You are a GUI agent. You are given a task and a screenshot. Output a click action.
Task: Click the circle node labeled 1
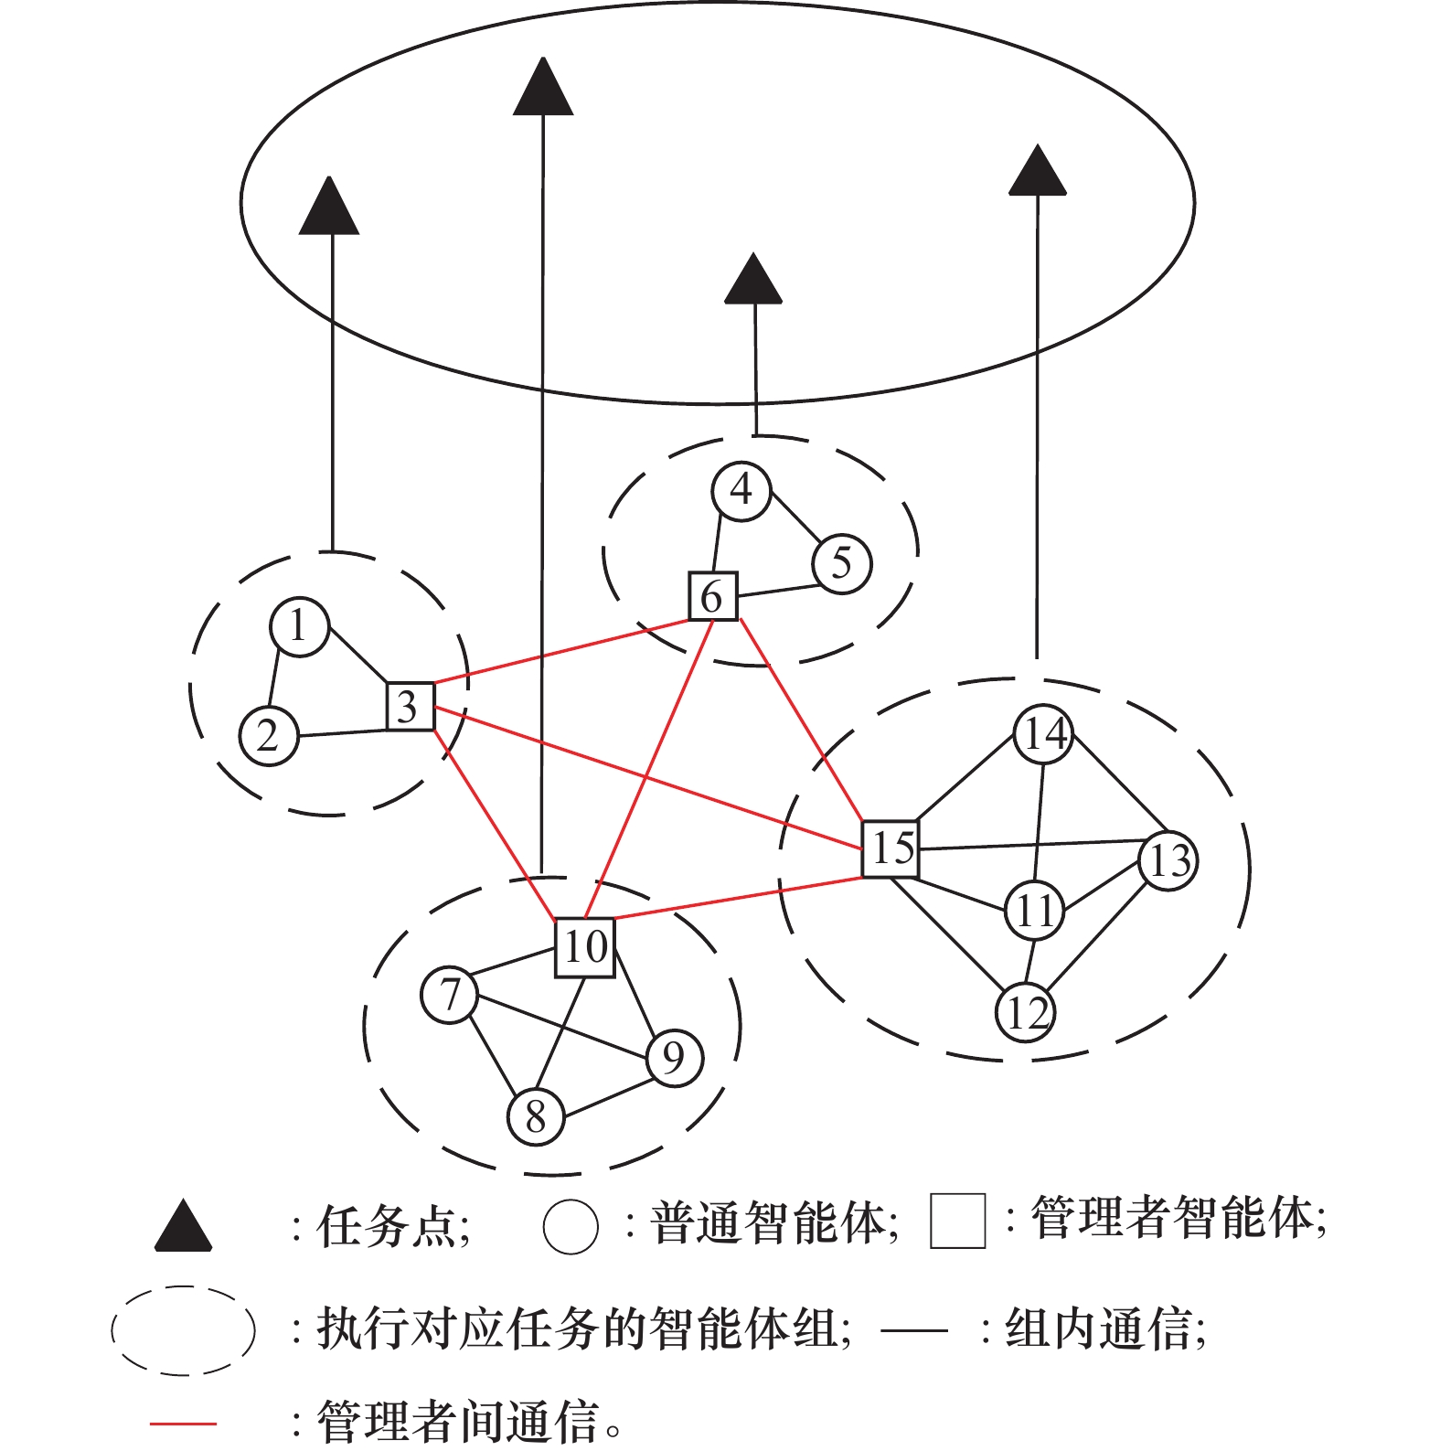click(x=299, y=627)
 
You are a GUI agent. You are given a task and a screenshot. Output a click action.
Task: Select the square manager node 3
click(x=410, y=706)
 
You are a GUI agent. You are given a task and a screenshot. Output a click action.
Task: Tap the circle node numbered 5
click(x=841, y=564)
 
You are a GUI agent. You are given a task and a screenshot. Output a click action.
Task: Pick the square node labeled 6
click(x=712, y=596)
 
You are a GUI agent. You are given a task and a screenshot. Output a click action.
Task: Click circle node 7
click(x=449, y=995)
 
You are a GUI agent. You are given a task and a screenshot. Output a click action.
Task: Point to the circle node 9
click(x=674, y=1058)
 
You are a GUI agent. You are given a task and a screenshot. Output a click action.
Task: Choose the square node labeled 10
click(x=585, y=947)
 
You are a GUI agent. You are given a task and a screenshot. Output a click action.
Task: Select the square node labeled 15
click(x=891, y=848)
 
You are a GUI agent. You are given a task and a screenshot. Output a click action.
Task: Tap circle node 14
click(x=1043, y=733)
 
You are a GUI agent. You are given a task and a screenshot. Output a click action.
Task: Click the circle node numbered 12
click(x=1025, y=1012)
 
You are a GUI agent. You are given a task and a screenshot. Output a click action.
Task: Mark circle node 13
click(x=1168, y=860)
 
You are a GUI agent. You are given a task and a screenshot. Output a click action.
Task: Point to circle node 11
click(x=1034, y=911)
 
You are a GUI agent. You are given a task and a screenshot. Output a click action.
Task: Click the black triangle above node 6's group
click(x=753, y=281)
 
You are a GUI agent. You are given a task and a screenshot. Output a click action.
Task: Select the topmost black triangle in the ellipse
click(x=543, y=89)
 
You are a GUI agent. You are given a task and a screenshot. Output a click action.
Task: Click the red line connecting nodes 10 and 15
click(x=739, y=898)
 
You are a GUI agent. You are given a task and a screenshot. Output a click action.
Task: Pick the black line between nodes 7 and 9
click(x=562, y=1027)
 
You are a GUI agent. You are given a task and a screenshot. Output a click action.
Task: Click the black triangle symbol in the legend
click(x=183, y=1228)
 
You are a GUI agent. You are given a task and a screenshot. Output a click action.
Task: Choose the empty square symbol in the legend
click(x=957, y=1221)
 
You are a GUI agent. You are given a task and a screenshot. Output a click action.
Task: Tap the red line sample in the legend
click(x=183, y=1424)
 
